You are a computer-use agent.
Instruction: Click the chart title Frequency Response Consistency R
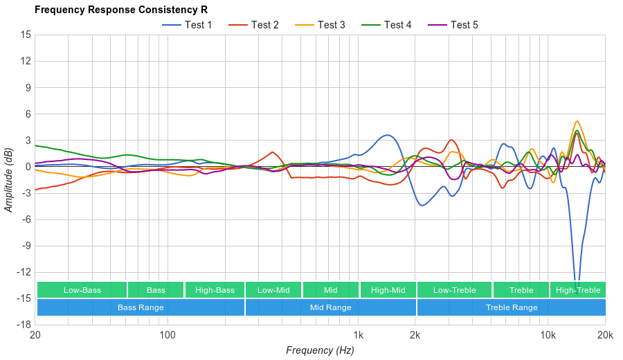point(120,10)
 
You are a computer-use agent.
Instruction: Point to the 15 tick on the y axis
point(26,35)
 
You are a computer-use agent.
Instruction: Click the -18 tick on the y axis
point(24,325)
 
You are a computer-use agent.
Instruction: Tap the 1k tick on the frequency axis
point(358,335)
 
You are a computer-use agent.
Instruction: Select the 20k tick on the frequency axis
point(604,335)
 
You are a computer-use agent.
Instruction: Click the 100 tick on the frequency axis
point(167,335)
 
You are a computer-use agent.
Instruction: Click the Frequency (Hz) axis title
point(320,350)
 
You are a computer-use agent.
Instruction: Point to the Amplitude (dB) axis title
point(8,180)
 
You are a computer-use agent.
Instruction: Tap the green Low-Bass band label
point(82,290)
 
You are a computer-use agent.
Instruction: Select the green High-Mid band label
point(388,290)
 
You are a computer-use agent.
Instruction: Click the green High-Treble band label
point(578,290)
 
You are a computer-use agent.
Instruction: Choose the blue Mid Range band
point(330,307)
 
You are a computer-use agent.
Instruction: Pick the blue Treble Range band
point(511,307)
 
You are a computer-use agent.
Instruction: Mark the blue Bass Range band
point(141,307)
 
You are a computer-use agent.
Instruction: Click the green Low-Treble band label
point(454,290)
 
